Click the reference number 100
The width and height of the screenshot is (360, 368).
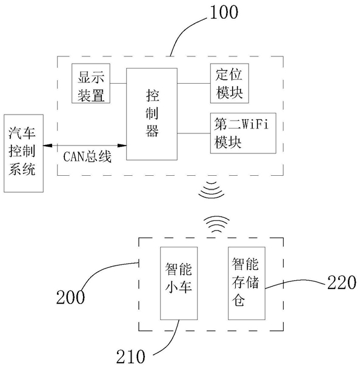coord(224,12)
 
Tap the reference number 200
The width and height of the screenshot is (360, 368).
coord(70,297)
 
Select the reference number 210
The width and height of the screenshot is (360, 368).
coord(131,356)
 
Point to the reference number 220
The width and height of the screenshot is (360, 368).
coord(342,283)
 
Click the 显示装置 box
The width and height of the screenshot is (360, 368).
coord(91,83)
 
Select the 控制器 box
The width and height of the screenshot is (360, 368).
coord(152,115)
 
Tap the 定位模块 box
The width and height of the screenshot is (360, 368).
coord(230,83)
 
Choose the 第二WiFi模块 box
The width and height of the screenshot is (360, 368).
coord(243,133)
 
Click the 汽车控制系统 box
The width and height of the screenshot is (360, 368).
coord(24,153)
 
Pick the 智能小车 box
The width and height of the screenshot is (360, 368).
coord(179,283)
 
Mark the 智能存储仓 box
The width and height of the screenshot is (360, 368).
coord(247,283)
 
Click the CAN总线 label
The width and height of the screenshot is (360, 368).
coord(87,156)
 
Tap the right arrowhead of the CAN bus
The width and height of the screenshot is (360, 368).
coord(122,146)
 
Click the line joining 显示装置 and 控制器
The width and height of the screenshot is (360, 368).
coord(118,83)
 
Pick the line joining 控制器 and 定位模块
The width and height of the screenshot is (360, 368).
coord(194,83)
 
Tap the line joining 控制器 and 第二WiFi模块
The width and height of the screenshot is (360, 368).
coord(194,133)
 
